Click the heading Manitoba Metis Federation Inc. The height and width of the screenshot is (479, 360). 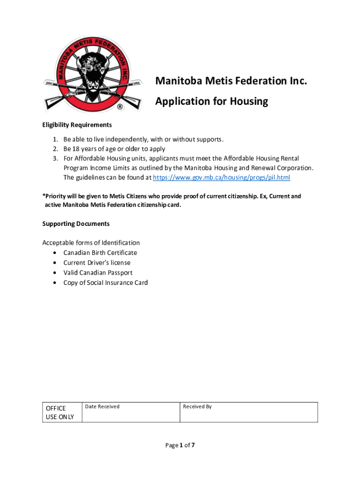[231, 81]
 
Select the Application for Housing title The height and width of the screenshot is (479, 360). [212, 102]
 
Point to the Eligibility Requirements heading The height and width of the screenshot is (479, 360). [77, 125]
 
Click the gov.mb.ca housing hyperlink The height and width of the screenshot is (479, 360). [222, 178]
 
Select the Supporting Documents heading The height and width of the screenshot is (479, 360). [76, 224]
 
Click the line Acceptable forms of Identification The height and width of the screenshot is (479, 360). [91, 243]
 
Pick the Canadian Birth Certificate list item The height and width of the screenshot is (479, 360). [100, 253]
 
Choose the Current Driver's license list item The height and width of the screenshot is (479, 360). [97, 263]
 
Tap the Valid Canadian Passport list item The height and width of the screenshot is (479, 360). [98, 273]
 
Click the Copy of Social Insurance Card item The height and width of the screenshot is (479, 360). [106, 283]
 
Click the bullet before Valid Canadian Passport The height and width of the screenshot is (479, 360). [55, 273]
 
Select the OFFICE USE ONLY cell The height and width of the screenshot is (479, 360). [60, 412]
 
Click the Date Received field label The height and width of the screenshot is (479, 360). [102, 406]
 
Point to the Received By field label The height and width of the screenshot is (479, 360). [197, 406]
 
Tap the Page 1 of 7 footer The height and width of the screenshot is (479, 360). [180, 445]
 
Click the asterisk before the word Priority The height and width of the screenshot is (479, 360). [43, 196]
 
